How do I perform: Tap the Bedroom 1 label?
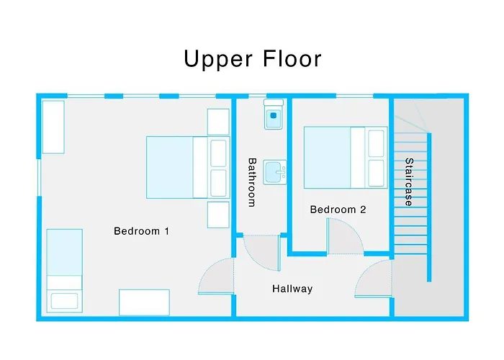tap(141, 231)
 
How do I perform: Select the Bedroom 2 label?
tap(338, 210)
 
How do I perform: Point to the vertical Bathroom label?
tap(252, 182)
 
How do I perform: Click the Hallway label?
tap(292, 289)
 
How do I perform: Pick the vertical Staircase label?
tap(409, 182)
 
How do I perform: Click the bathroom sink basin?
tap(274, 172)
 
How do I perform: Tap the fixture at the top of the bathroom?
tap(274, 115)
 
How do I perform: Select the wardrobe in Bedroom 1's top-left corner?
tap(53, 127)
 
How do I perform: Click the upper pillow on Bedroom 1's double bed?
tap(218, 153)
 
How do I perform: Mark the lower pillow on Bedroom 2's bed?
tap(377, 174)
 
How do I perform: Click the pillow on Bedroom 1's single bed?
tap(63, 300)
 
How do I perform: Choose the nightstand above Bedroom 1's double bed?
tap(218, 122)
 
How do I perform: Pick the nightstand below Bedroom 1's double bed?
tap(218, 215)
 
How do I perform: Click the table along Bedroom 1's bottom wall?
tap(144, 302)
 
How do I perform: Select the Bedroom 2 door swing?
tap(344, 238)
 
